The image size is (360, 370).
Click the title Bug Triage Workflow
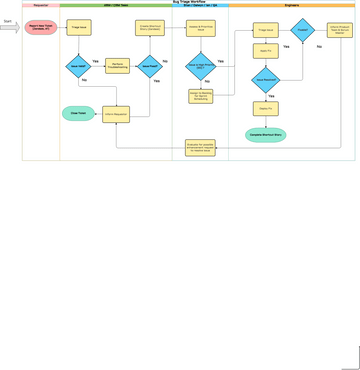[189, 3]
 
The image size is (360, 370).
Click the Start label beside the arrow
[7, 19]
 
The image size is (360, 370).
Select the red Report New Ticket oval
[41, 28]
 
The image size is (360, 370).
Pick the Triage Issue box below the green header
[79, 28]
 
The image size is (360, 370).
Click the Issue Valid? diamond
[79, 66]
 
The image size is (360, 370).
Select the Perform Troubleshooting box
[117, 66]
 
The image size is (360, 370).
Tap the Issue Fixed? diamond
[150, 66]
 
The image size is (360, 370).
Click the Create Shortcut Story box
[150, 28]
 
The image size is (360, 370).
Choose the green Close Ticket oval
[78, 114]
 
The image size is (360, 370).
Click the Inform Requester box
[117, 114]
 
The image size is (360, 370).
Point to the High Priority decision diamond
[200, 66]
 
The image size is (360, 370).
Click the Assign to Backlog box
[200, 97]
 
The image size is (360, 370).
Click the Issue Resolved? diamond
[265, 78]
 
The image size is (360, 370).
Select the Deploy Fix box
[265, 108]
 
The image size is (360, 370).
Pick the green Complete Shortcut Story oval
[265, 134]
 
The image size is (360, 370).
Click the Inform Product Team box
[340, 30]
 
